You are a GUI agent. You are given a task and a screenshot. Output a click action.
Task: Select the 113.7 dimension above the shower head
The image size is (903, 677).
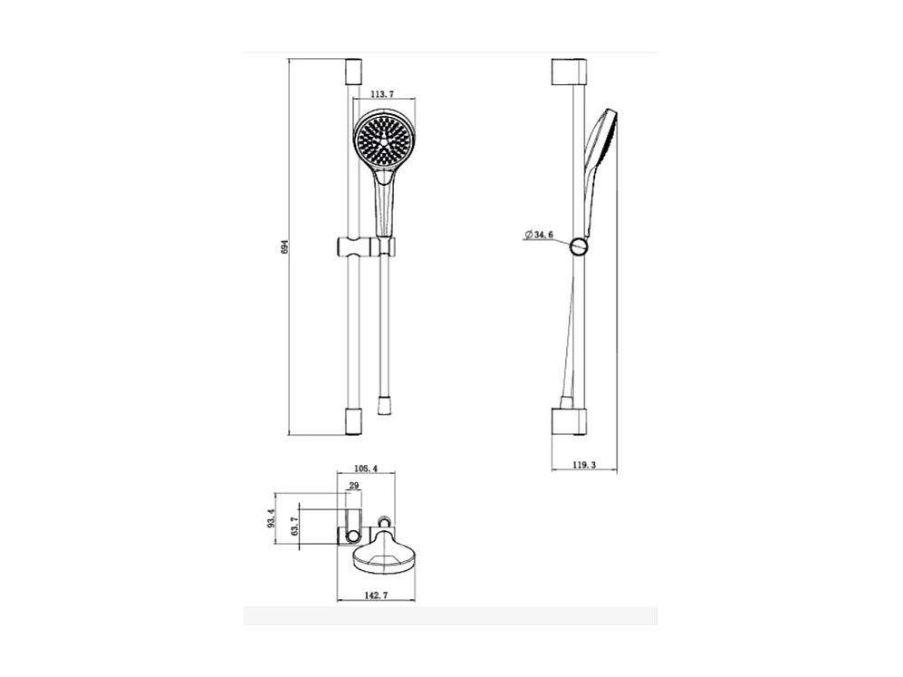click(x=381, y=93)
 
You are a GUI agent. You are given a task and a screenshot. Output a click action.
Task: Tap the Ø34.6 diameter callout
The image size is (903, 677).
click(x=539, y=235)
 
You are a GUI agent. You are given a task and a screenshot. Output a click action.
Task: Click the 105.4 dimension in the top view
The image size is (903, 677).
click(x=365, y=469)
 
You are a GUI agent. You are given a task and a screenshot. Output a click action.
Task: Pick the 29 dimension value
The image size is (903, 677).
click(x=353, y=487)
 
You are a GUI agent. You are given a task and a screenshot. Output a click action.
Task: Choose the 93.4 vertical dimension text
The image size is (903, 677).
click(x=269, y=519)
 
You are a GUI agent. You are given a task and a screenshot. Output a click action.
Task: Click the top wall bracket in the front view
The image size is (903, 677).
click(x=353, y=71)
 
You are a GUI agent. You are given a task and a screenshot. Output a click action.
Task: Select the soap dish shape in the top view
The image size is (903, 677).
click(x=384, y=555)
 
